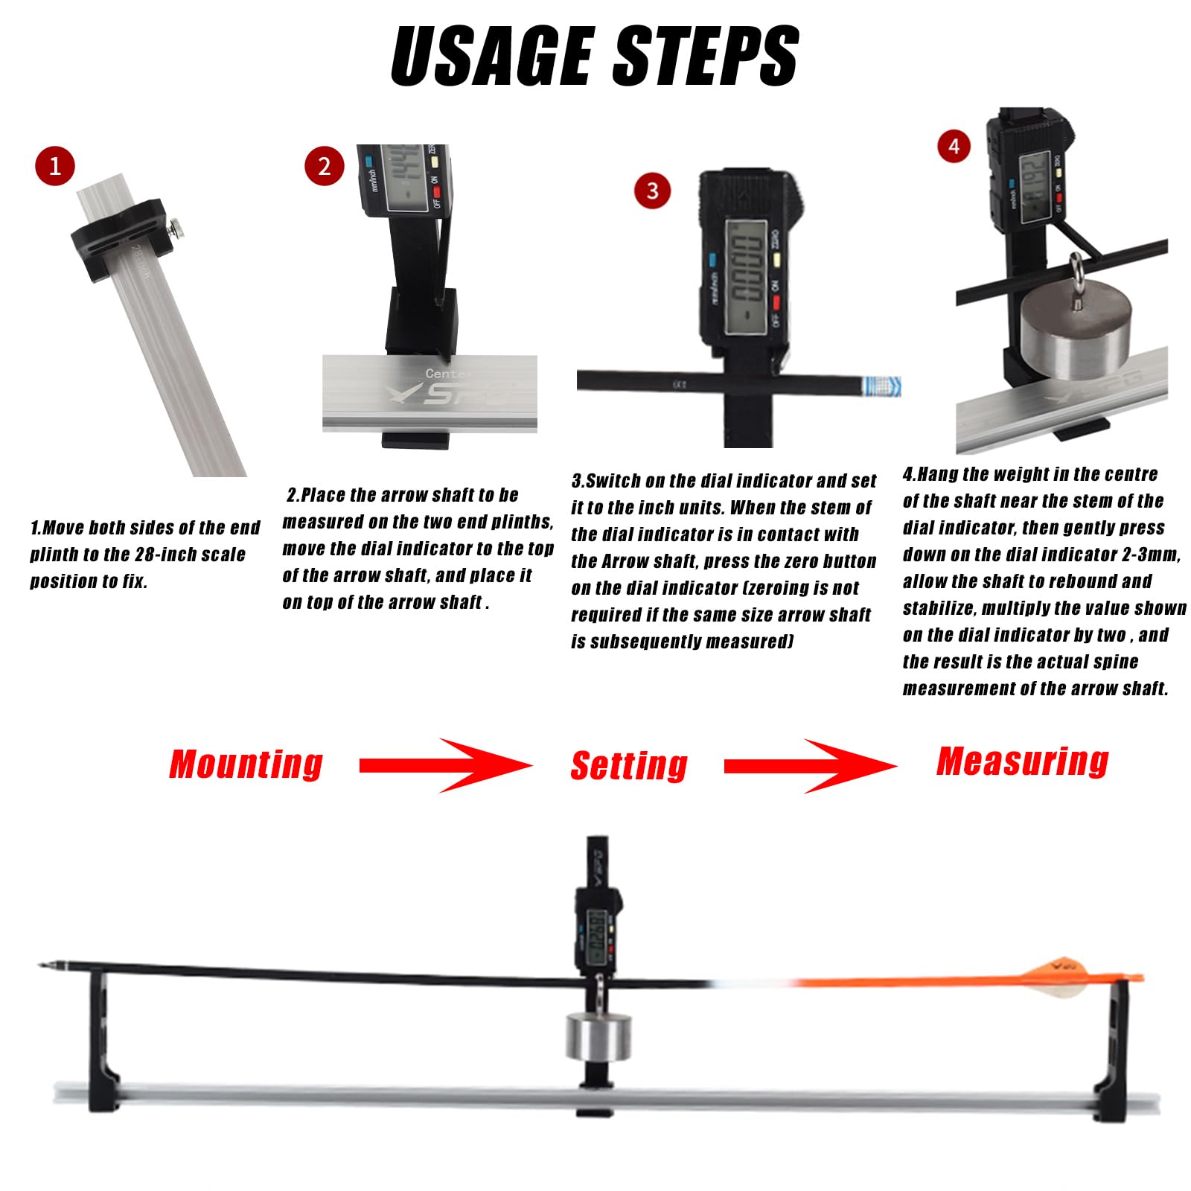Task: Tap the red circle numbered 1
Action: (x=55, y=166)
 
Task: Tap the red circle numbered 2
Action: (x=325, y=166)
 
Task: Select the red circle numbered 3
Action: (x=652, y=191)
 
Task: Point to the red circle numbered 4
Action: (x=954, y=146)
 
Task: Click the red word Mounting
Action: (x=246, y=764)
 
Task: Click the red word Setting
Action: (x=629, y=766)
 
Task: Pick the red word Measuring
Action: (x=1023, y=761)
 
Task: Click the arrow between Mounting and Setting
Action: (x=447, y=765)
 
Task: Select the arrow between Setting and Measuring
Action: (x=811, y=766)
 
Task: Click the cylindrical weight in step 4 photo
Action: (x=1075, y=332)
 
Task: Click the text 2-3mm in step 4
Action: (x=1150, y=555)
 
